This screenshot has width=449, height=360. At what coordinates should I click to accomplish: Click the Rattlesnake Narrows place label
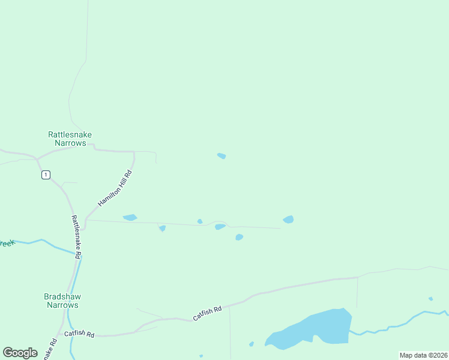click(x=70, y=139)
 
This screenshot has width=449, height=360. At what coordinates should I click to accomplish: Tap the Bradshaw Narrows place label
click(x=61, y=301)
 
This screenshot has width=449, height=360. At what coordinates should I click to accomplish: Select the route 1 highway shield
click(x=46, y=175)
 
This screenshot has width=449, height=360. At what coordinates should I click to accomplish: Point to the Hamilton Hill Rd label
click(x=115, y=188)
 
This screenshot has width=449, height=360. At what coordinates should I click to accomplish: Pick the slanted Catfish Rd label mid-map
click(x=207, y=313)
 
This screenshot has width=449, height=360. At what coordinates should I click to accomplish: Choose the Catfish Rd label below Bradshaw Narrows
click(x=79, y=334)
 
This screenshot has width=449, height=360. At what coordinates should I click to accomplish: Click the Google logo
click(x=20, y=353)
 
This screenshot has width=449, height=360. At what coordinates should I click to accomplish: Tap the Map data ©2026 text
click(x=423, y=355)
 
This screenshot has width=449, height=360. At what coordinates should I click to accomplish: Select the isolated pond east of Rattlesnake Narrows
click(x=221, y=156)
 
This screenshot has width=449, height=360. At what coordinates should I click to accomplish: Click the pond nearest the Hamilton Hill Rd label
click(x=130, y=217)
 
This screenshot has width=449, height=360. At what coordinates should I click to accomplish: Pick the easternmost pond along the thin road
click(x=289, y=220)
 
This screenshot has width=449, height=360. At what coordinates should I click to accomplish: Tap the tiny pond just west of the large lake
click(x=252, y=344)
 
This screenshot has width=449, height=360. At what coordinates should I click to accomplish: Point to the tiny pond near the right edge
click(x=430, y=299)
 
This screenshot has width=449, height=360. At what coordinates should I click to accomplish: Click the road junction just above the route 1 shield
click(x=37, y=159)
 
